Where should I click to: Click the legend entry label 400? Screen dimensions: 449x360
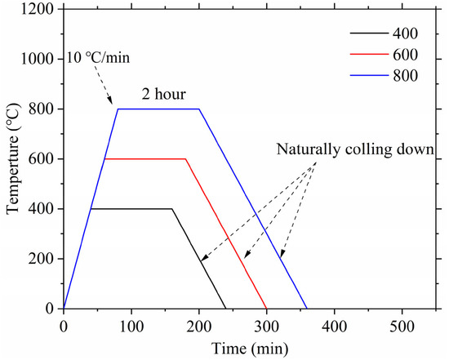[405, 33]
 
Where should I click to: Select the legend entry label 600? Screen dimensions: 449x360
[405, 55]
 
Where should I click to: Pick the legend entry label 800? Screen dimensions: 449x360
[405, 76]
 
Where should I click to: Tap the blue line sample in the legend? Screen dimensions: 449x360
[369, 76]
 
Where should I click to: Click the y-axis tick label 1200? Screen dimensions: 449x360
[38, 9]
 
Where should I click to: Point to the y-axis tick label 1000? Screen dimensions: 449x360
[38, 59]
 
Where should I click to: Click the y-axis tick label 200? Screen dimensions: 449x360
[42, 259]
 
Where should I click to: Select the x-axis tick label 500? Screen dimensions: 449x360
[402, 327]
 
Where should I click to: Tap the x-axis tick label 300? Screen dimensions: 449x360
[267, 327]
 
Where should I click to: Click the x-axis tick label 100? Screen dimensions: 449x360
[131, 327]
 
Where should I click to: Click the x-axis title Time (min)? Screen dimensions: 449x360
[250, 349]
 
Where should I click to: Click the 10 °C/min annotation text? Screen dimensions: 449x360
[98, 58]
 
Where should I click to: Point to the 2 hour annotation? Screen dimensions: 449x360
[164, 94]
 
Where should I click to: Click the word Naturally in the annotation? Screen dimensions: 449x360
[308, 149]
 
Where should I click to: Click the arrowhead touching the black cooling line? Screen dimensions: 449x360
[203, 258]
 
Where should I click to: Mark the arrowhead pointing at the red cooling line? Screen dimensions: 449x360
[247, 255]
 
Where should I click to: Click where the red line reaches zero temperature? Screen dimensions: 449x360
[267, 309]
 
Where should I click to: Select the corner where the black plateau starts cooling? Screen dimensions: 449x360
[172, 209]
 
